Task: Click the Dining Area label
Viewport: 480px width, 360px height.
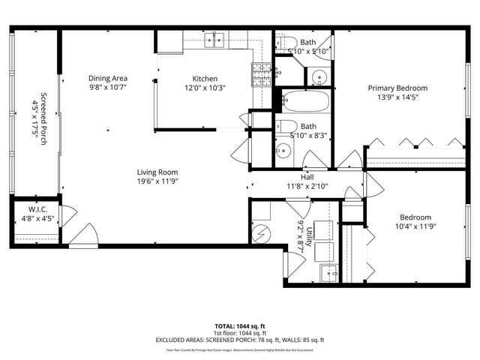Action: click(108, 78)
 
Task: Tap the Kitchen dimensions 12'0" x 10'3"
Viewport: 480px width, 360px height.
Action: click(205, 87)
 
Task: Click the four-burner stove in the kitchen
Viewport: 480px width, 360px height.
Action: click(261, 73)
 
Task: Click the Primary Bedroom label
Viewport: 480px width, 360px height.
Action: click(397, 88)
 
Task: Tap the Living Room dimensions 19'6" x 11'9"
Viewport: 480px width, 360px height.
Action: click(157, 181)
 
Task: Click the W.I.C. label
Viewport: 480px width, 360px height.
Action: click(39, 210)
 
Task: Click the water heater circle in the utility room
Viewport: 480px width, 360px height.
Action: click(262, 234)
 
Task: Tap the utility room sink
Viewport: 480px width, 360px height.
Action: click(328, 271)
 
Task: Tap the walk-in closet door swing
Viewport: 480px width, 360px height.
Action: click(67, 217)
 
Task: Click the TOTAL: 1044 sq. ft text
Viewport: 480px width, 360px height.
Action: click(240, 326)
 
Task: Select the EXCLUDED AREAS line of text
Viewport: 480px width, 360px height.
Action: click(240, 340)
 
